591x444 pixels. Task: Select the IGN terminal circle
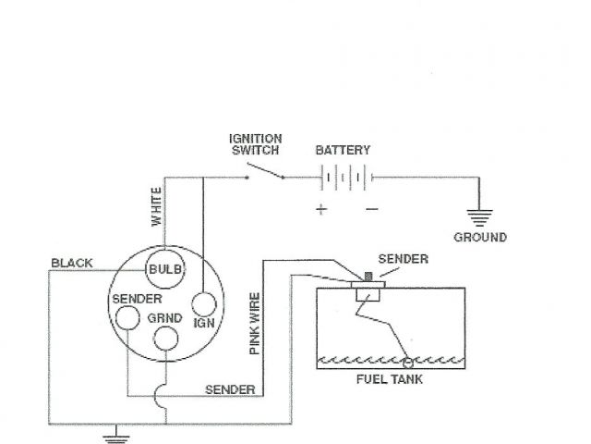click(204, 304)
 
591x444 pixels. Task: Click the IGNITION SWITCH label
click(256, 145)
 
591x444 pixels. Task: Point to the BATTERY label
click(343, 150)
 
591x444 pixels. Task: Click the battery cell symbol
click(343, 177)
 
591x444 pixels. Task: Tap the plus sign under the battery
click(320, 209)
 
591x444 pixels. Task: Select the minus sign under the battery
click(371, 209)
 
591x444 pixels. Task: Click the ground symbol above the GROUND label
click(478, 218)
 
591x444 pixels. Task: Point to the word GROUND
click(479, 238)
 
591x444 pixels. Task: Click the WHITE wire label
click(157, 207)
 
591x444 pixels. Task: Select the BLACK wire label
click(72, 264)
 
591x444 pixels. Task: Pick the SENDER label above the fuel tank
click(404, 259)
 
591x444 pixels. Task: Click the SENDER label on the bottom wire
click(230, 389)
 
